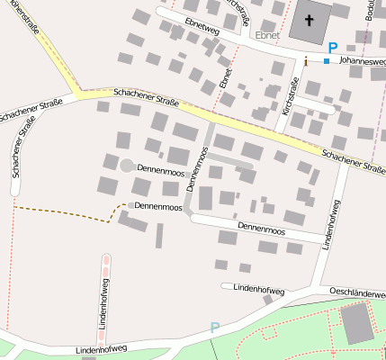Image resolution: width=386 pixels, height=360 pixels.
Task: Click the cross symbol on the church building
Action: (x=310, y=20)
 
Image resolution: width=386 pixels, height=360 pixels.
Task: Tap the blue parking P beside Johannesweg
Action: (x=332, y=48)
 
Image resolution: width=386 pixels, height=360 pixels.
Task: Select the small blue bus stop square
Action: (x=326, y=61)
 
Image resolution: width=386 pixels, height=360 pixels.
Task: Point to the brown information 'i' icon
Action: (x=305, y=61)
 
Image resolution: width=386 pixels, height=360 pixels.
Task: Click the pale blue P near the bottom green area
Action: (x=214, y=328)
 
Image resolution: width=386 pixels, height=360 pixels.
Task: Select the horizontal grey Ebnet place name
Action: (x=268, y=35)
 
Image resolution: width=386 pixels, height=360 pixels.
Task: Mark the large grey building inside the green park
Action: (x=357, y=322)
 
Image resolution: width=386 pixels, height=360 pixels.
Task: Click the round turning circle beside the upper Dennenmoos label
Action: (x=126, y=166)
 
